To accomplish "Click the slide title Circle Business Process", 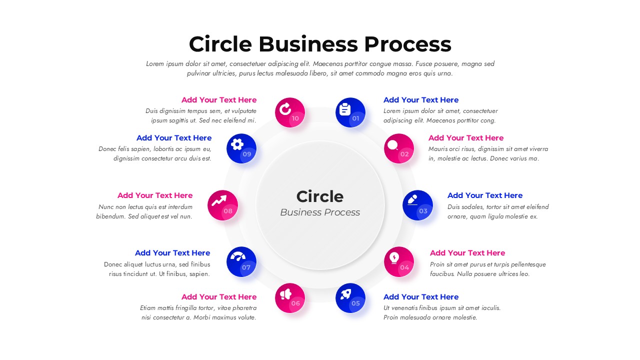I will pyautogui.click(x=320, y=44).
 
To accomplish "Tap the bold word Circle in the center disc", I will pyautogui.click(x=320, y=196).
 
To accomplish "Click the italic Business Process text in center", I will pyautogui.click(x=320, y=212).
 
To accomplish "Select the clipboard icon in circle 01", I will pyautogui.click(x=345, y=109).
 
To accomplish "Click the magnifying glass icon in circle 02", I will pyautogui.click(x=393, y=145).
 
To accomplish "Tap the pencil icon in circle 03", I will pyautogui.click(x=412, y=200).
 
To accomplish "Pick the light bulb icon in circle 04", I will pyautogui.click(x=394, y=257).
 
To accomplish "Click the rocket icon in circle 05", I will pyautogui.click(x=345, y=293).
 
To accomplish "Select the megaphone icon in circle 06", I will pyautogui.click(x=285, y=293).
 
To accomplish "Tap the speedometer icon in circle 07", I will pyautogui.click(x=238, y=256).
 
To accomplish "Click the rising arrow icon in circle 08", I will pyautogui.click(x=219, y=200).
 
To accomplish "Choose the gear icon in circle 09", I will pyautogui.click(x=237, y=144).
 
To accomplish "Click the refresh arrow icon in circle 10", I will pyautogui.click(x=285, y=109).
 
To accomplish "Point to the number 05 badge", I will pyautogui.click(x=355, y=303).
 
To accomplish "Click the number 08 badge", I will pyautogui.click(x=228, y=211).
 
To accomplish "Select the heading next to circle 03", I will pyautogui.click(x=484, y=195).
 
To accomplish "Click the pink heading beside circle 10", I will pyautogui.click(x=219, y=100).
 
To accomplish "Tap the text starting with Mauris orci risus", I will pyautogui.click(x=488, y=153).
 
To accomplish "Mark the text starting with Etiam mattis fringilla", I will pyautogui.click(x=198, y=312).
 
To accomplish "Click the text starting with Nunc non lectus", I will pyautogui.click(x=144, y=211).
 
